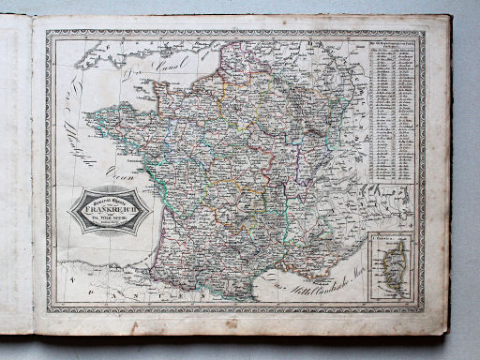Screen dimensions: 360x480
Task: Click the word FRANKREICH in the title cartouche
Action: point(110,200)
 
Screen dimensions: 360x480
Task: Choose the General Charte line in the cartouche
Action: point(110,190)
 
